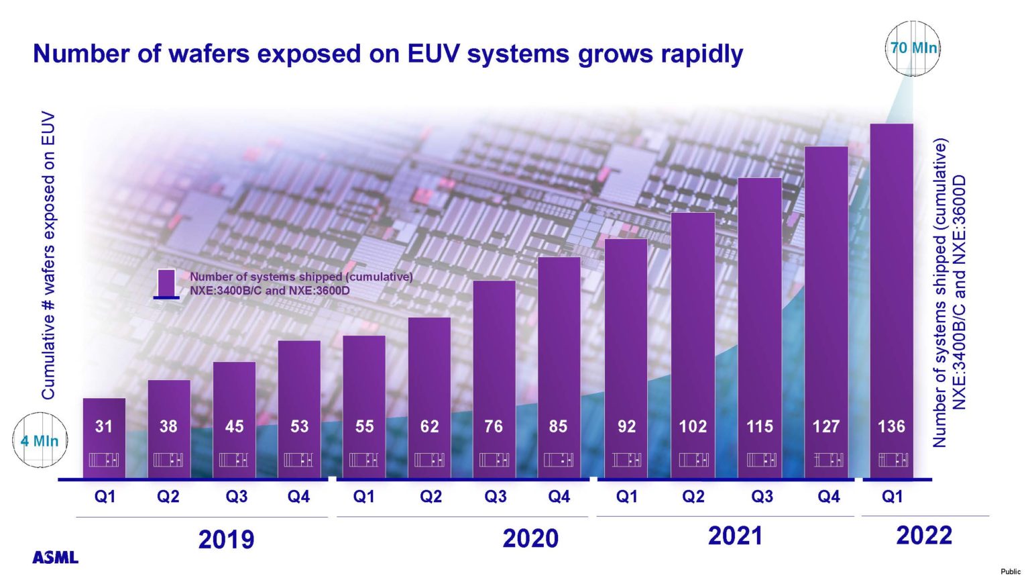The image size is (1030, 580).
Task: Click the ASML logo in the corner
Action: click(55, 557)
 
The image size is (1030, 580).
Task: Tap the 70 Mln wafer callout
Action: click(913, 48)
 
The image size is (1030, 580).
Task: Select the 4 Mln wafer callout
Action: click(40, 441)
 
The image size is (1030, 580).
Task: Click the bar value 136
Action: click(891, 426)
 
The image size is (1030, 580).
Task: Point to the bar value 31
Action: click(104, 426)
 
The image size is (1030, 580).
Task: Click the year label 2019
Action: click(226, 540)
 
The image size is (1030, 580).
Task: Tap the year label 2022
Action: click(924, 536)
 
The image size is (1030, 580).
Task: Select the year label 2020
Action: click(530, 538)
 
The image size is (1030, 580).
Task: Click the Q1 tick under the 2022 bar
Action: click(892, 497)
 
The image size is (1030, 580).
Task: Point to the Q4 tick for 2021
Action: click(828, 497)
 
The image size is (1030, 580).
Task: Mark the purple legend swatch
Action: click(166, 283)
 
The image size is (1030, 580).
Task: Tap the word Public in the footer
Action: click(1011, 571)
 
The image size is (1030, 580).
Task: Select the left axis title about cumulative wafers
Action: click(48, 255)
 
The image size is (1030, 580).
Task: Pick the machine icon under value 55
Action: click(364, 460)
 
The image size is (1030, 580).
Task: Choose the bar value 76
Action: click(494, 426)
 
